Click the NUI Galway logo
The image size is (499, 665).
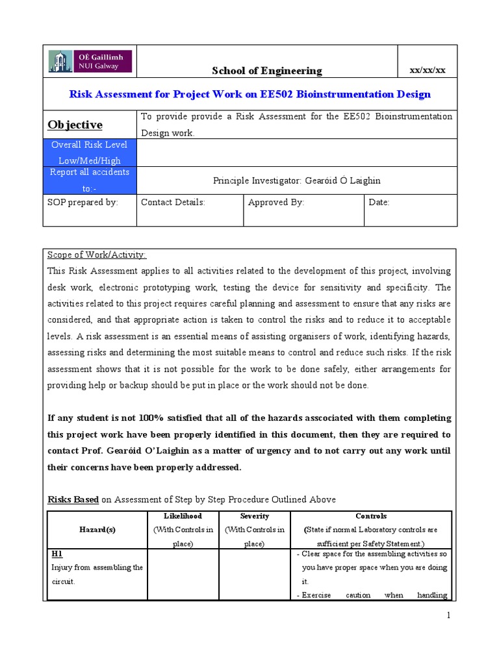pos(90,62)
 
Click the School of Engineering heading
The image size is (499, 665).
pos(267,71)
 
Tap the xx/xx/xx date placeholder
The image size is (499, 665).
pos(427,70)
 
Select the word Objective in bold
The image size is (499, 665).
pos(75,125)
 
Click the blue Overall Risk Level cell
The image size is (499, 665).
pos(90,153)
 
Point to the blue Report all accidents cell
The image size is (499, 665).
pos(90,180)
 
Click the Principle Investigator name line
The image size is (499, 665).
pos(296,181)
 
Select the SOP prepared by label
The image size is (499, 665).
pos(83,202)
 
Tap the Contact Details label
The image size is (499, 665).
pos(173,202)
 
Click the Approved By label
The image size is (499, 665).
pos(276,202)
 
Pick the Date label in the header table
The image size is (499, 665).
pos(379,202)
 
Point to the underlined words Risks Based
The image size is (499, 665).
pos(73,499)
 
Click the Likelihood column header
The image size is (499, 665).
pos(184,516)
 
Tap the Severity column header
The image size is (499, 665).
pos(255,516)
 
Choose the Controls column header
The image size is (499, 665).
pos(371,516)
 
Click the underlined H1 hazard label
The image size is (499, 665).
pos(57,554)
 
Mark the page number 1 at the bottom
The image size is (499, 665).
pos(448,615)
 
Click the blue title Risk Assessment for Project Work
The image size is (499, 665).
pos(250,94)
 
